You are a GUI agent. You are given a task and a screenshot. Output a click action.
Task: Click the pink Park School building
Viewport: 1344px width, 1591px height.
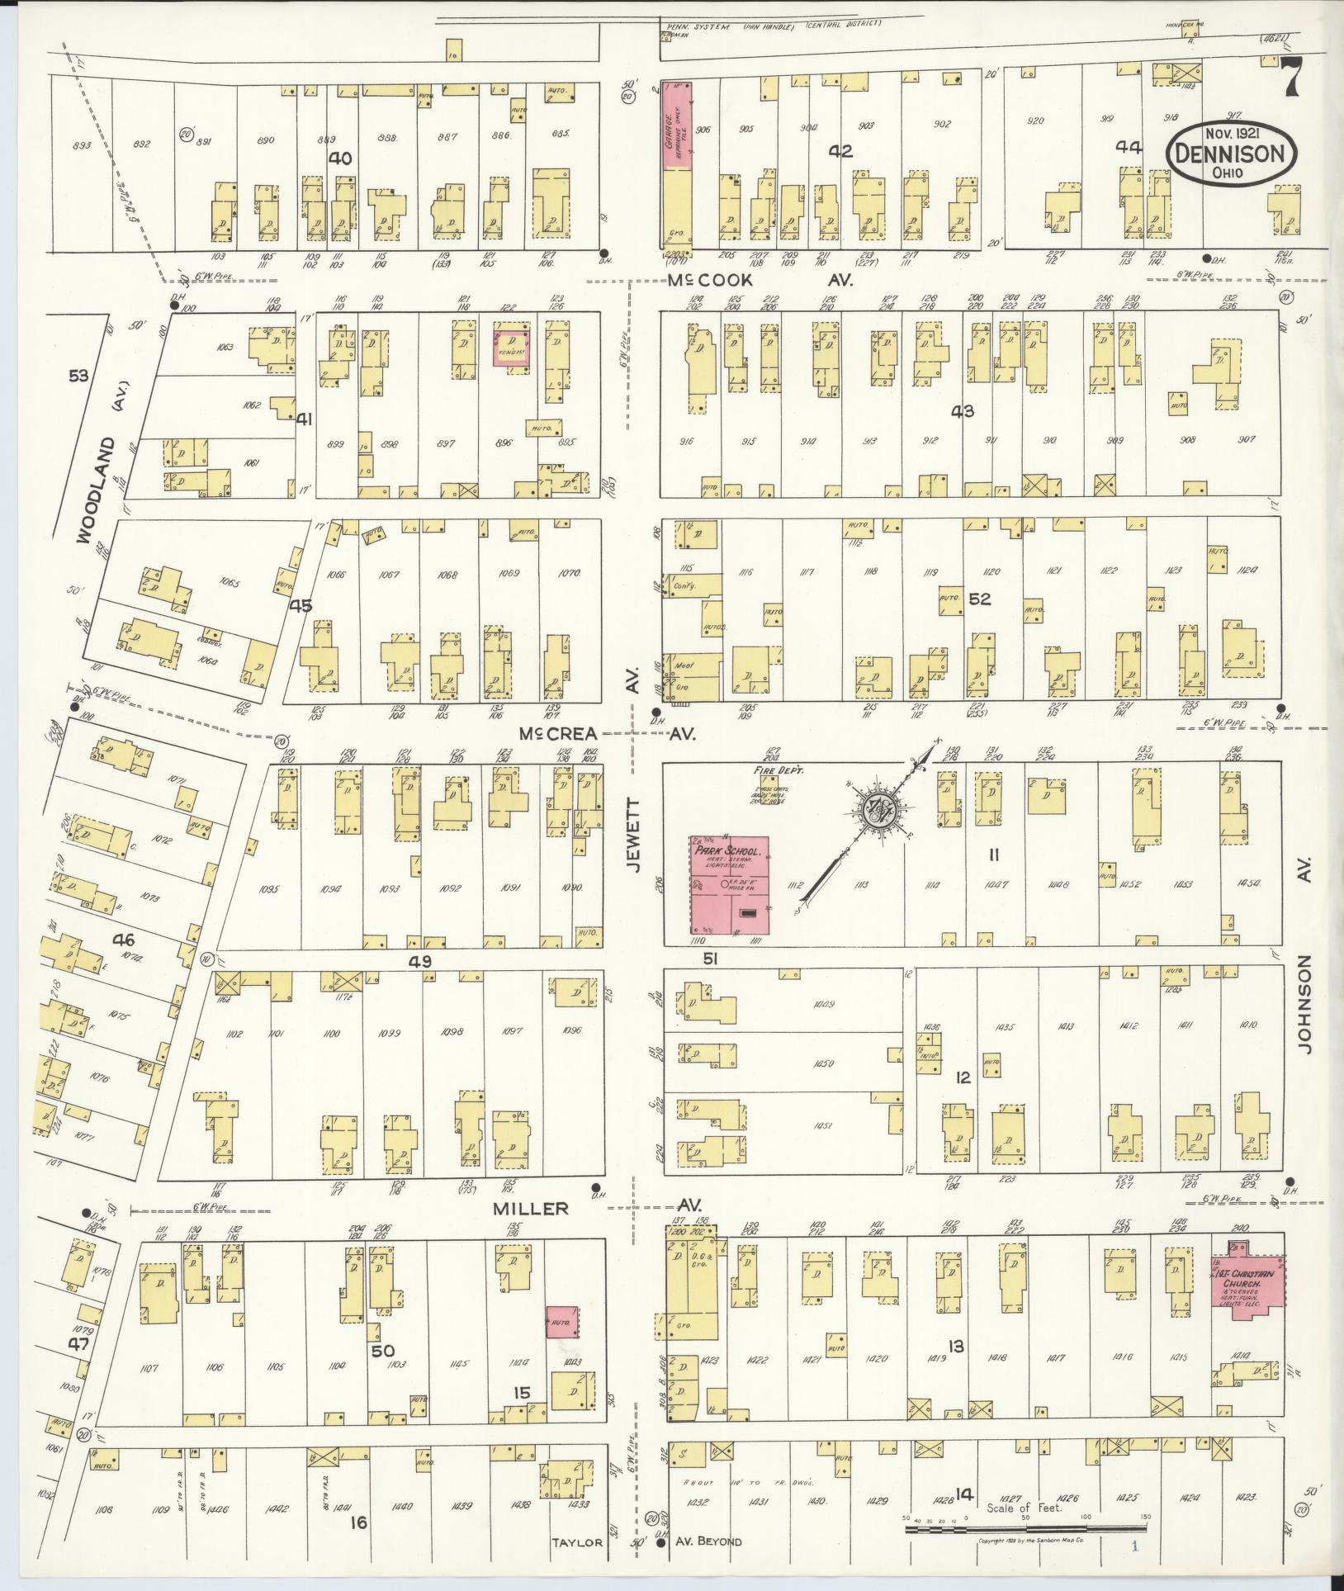pos(730,887)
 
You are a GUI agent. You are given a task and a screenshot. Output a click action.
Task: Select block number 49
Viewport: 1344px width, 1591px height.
pos(420,962)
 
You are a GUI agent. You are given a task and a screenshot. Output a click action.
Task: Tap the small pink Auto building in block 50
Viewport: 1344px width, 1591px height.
pos(562,1323)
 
